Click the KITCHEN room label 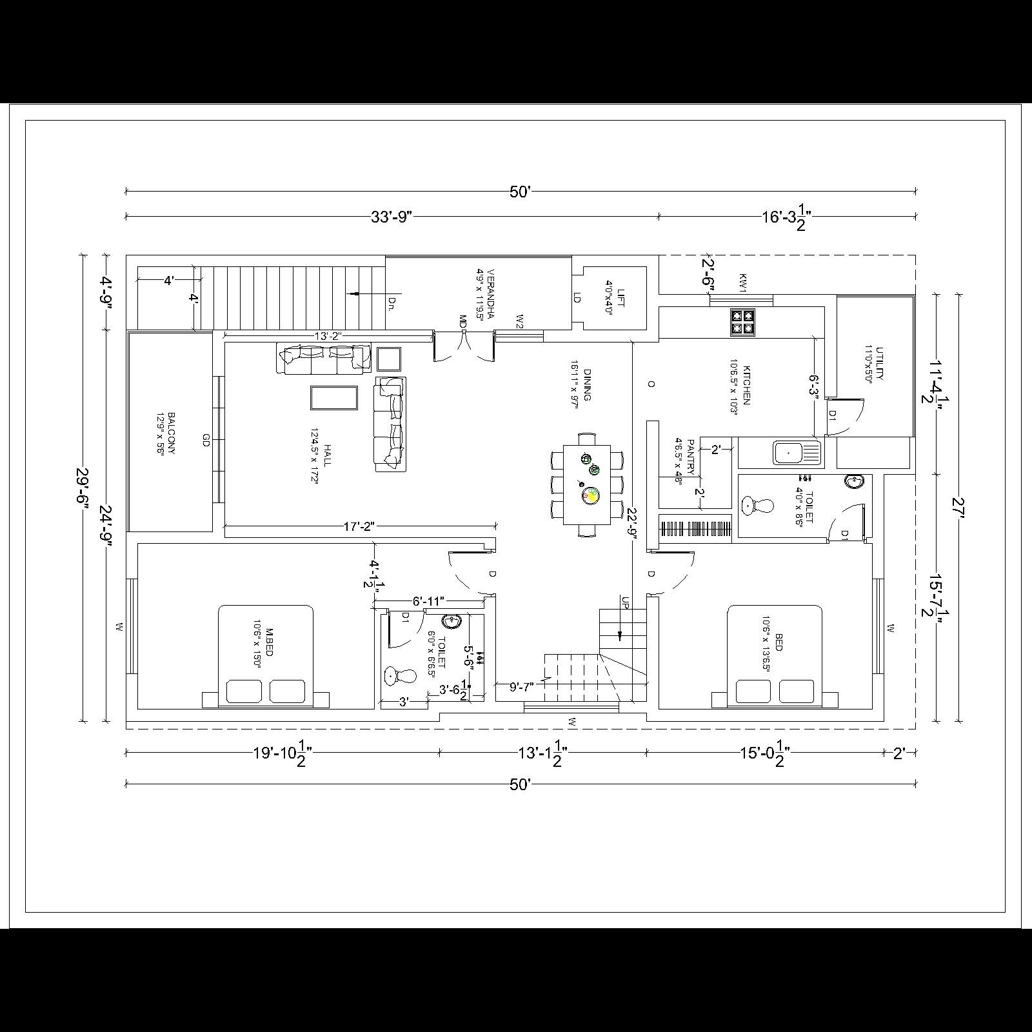point(746,385)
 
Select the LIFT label point(620,297)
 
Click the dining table point(587,484)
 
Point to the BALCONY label point(171,433)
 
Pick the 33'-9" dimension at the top point(391,217)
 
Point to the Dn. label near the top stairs point(391,301)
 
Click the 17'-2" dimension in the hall point(359,527)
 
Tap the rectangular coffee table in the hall point(334,398)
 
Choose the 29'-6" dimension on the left point(82,488)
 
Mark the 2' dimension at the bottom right point(899,753)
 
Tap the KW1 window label point(742,283)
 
